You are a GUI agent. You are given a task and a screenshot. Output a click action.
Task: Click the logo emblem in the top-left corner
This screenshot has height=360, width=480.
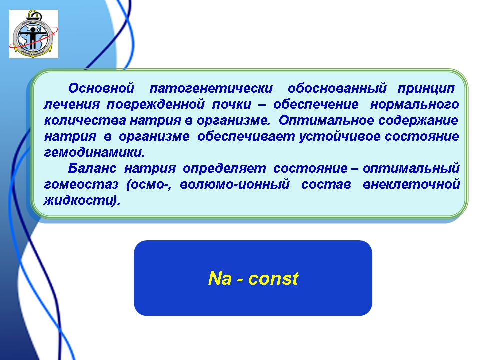point(34,34)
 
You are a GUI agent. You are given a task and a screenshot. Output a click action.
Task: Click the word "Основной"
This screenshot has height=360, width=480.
point(101,88)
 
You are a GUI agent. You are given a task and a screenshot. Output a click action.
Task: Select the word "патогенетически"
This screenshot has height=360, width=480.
point(211,89)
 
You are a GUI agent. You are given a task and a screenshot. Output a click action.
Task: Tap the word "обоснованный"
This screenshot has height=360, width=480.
point(337,89)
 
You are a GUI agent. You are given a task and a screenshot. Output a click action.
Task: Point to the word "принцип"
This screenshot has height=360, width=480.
point(426,89)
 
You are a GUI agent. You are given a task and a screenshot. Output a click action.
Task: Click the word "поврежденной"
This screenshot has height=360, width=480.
point(156,104)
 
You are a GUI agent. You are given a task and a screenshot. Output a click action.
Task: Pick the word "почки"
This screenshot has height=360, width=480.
point(231,104)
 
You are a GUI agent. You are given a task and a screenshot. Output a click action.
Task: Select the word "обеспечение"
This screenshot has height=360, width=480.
point(316,104)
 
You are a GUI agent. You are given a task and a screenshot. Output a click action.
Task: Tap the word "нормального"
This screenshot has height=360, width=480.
point(415,105)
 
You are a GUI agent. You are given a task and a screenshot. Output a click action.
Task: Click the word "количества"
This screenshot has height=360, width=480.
point(85,120)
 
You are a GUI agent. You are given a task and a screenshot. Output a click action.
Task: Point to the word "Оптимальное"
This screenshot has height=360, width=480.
point(326,120)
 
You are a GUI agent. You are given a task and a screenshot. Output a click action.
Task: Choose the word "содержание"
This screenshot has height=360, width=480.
point(418,120)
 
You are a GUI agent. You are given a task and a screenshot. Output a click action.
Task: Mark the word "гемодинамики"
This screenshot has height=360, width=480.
point(94,152)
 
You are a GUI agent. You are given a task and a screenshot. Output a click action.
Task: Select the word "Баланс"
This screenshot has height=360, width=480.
point(92,168)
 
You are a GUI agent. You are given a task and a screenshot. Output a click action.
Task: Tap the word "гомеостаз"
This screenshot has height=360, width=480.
point(81,184)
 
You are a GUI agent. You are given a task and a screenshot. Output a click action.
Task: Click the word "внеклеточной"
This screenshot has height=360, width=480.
point(411,184)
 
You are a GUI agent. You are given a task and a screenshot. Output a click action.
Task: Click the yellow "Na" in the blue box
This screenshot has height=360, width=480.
point(220,278)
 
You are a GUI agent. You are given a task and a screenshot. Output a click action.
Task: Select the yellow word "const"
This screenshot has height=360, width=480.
point(273,279)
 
